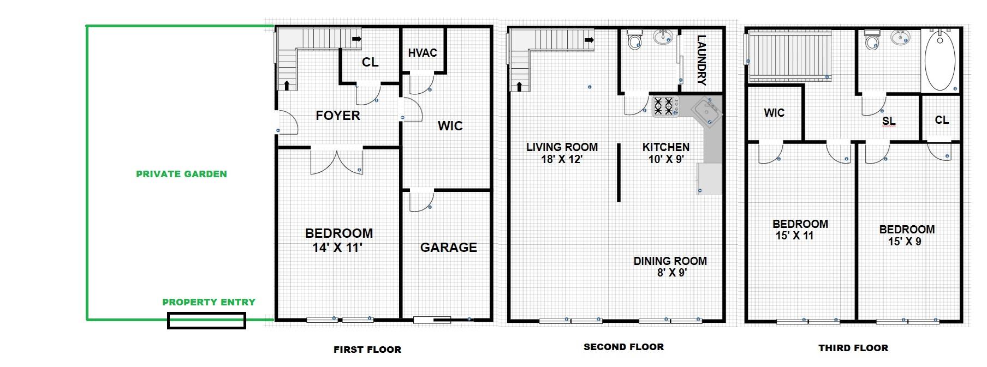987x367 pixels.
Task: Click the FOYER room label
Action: click(338, 116)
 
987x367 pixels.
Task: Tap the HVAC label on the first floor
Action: click(423, 53)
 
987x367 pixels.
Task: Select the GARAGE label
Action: click(448, 248)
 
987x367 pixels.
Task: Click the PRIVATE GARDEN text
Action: click(181, 174)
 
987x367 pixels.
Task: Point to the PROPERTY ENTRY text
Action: click(209, 302)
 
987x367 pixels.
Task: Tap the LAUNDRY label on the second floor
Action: click(702, 60)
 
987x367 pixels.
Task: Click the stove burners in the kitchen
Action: click(664, 106)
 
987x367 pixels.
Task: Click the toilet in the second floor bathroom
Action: click(634, 39)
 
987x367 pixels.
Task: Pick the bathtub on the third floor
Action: click(940, 61)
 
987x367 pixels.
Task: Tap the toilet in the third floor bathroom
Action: click(872, 39)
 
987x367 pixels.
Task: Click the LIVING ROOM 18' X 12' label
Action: click(562, 153)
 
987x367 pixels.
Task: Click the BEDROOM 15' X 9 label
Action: click(907, 236)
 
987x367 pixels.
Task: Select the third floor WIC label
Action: click(774, 113)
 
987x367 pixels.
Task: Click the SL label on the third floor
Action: click(889, 122)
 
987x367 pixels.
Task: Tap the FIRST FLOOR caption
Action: click(367, 350)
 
